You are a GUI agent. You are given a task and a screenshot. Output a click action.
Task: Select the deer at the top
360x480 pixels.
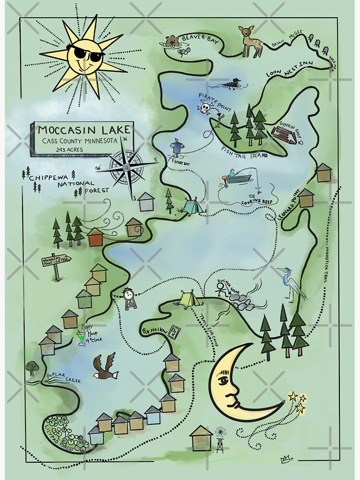pyautogui.click(x=249, y=40)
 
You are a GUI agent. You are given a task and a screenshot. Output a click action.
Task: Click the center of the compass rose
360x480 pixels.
pyautogui.click(x=126, y=167)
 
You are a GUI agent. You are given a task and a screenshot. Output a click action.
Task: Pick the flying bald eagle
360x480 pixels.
pyautogui.click(x=104, y=366)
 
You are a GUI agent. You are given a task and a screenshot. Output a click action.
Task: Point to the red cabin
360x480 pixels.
pyautogui.click(x=95, y=237)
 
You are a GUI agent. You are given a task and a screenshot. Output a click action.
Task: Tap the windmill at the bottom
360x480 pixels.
pyautogui.click(x=220, y=438)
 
